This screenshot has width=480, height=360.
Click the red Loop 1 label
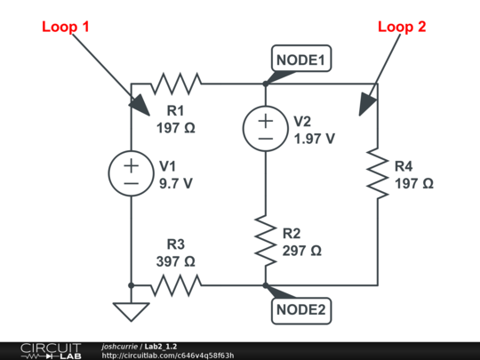[66, 27]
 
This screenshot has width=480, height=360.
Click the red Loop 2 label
[402, 27]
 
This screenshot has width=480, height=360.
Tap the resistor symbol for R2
[266, 237]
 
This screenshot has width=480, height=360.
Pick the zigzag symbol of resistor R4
[379, 175]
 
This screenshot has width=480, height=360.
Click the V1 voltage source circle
[131, 174]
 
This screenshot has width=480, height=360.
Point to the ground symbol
[131, 310]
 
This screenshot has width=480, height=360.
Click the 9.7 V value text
[175, 185]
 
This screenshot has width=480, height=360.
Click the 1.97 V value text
[314, 139]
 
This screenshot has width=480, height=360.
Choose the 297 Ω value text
[302, 252]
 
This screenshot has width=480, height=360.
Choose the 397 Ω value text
[175, 261]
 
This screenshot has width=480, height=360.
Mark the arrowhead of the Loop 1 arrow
[141, 106]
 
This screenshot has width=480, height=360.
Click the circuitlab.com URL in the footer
[168, 355]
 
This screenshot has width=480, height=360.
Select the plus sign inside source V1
[131, 165]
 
